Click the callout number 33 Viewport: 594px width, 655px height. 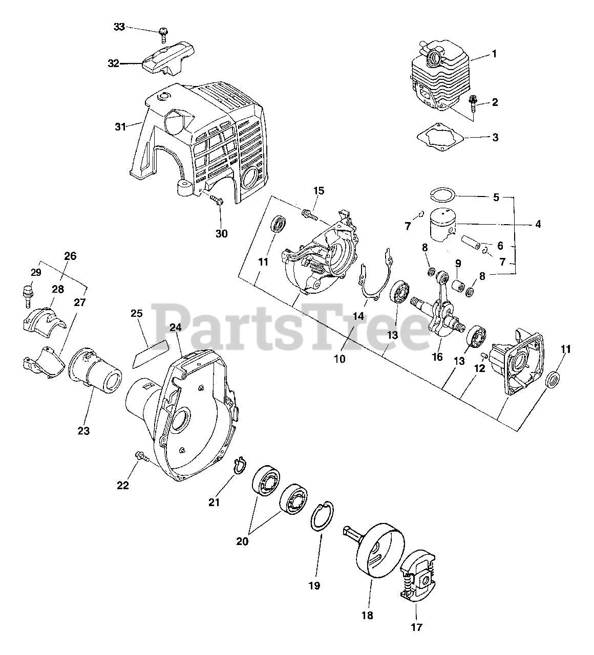[119, 27]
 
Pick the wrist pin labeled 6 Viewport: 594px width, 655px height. [470, 240]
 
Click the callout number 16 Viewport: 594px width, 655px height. [437, 357]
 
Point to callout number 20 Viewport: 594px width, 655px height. [242, 540]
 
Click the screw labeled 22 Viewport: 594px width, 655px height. [141, 456]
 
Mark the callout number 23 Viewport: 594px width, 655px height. [83, 431]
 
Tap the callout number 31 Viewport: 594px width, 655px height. [120, 126]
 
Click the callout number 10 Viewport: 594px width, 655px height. [340, 359]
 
